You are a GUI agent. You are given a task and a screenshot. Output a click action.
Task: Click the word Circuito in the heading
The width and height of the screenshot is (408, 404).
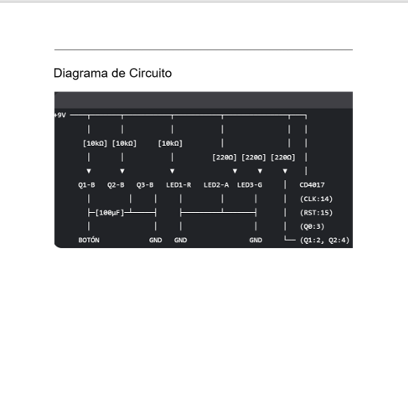[150, 73]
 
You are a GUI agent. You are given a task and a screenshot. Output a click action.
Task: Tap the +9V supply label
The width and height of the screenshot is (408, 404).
[60, 115]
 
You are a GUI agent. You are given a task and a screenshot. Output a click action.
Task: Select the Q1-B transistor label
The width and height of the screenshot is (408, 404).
[86, 185]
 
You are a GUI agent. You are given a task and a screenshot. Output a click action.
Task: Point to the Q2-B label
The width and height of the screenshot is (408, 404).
[116, 185]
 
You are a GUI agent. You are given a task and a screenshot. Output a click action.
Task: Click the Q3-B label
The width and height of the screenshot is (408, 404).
[145, 185]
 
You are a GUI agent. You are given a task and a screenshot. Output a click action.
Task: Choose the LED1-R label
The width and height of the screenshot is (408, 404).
[178, 185]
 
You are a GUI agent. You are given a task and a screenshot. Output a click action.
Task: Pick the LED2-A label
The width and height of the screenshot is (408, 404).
[216, 185]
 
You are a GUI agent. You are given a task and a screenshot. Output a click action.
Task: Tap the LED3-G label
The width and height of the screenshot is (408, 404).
[250, 185]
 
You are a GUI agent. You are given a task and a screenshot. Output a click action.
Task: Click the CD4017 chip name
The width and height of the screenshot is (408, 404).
[312, 185]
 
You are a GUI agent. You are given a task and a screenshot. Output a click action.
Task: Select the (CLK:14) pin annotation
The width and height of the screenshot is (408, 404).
[317, 199]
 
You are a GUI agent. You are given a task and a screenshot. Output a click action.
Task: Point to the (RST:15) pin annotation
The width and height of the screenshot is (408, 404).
[317, 213]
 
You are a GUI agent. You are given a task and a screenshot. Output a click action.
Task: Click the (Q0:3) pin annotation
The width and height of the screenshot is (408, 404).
[312, 226]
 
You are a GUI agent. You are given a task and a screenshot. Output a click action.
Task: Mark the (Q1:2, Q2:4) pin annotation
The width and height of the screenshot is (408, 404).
[325, 240]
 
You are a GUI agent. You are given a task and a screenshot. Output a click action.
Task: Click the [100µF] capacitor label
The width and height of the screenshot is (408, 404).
[110, 213]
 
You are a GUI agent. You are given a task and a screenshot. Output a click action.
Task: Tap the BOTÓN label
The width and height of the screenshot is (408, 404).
[89, 240]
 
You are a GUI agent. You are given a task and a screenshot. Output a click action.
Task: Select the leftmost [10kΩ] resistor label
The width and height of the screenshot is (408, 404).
[95, 143]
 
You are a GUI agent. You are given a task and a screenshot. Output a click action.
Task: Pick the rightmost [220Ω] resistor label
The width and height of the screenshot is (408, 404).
[283, 158]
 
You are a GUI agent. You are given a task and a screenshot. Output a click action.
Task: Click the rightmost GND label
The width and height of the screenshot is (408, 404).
[256, 240]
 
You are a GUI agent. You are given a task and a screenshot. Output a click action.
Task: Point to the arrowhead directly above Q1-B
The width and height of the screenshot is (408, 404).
[89, 171]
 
